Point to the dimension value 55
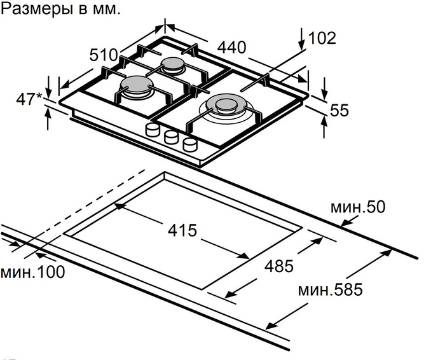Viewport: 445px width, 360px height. pyautogui.click(x=340, y=110)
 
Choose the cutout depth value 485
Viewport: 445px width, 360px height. pyautogui.click(x=280, y=267)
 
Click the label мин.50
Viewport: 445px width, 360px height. pyautogui.click(x=358, y=207)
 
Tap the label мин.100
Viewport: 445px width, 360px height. pyautogui.click(x=32, y=272)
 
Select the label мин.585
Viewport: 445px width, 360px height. pyautogui.click(x=330, y=291)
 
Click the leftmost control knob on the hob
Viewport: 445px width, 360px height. pyautogui.click(x=153, y=130)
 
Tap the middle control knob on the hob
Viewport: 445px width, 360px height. pyautogui.click(x=171, y=137)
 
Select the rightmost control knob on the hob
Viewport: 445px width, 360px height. pyautogui.click(x=189, y=144)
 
